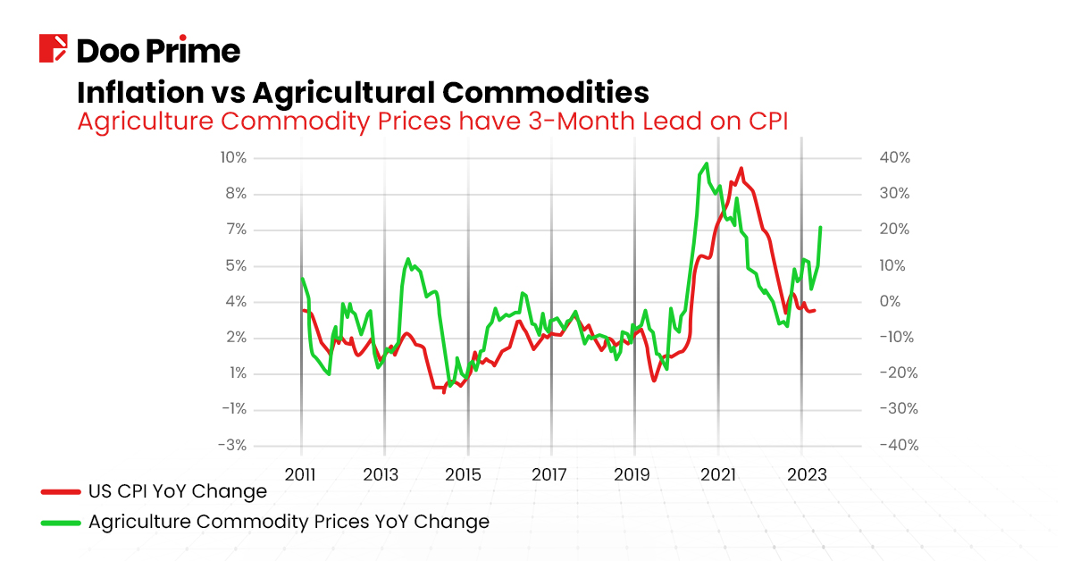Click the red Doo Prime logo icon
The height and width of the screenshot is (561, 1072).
click(54, 48)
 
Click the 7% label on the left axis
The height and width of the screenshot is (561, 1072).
click(235, 230)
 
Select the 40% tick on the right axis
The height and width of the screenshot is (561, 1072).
click(894, 158)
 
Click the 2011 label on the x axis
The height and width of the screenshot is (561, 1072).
click(300, 474)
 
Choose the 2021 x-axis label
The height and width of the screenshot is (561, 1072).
click(718, 474)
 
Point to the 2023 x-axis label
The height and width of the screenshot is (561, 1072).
click(808, 474)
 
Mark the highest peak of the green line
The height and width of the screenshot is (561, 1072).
click(707, 163)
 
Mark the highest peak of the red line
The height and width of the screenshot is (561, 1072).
click(741, 168)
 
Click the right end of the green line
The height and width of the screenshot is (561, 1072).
click(820, 228)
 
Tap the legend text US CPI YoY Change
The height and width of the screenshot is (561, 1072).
click(177, 491)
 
